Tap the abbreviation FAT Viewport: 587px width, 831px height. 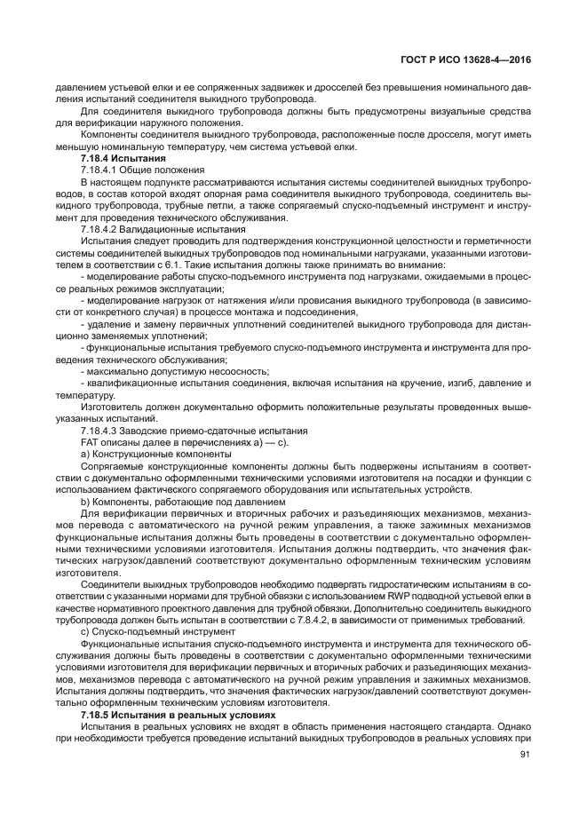tap(91, 441)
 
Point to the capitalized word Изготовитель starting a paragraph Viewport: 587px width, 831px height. tap(114, 407)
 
